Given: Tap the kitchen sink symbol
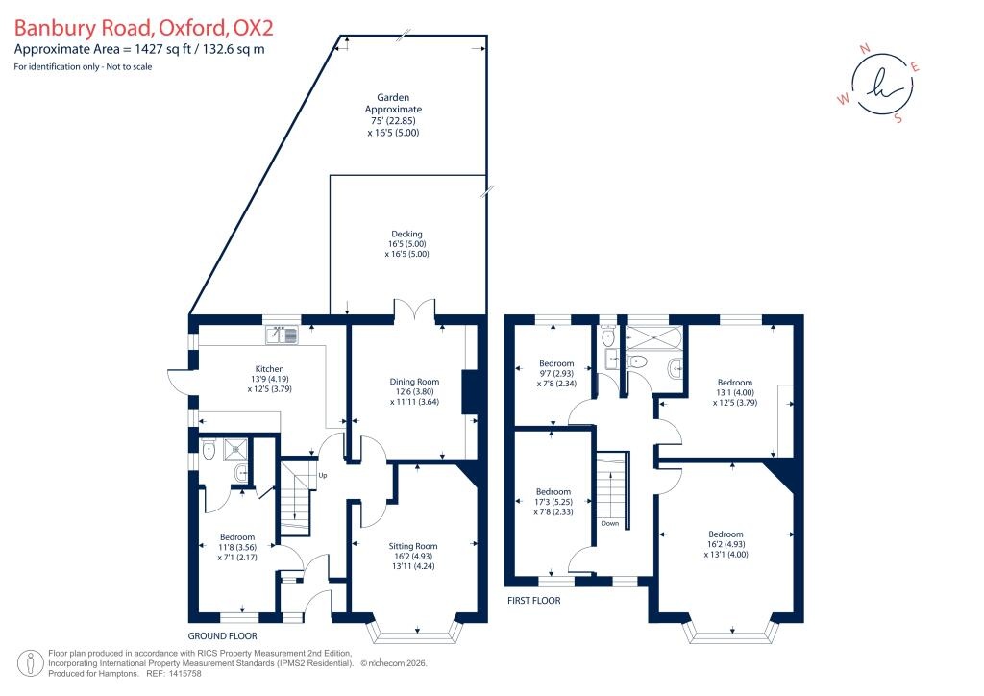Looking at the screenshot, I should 283,335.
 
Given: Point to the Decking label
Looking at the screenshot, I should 406,233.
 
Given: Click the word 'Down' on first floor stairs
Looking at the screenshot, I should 610,524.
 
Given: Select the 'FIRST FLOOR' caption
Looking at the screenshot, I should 534,600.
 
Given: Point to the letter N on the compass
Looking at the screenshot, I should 863,47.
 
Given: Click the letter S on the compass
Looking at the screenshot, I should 898,119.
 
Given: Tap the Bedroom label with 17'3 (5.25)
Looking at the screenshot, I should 553,489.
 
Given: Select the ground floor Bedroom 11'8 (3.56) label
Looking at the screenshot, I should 236,536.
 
